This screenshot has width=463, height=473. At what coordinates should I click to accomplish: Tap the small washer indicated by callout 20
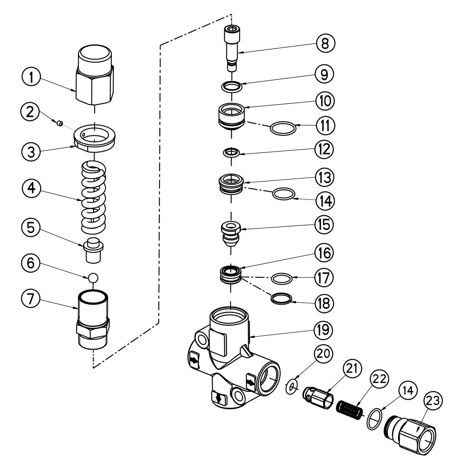[x=292, y=386]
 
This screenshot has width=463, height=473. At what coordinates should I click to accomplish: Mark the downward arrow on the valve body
[x=218, y=398]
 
